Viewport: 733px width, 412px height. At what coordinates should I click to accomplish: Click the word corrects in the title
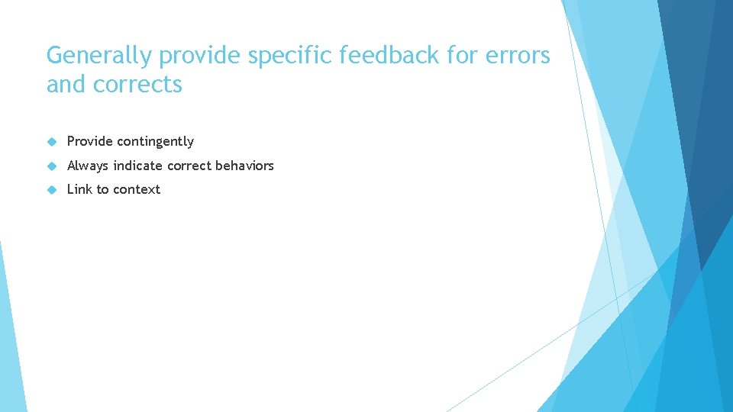[137, 85]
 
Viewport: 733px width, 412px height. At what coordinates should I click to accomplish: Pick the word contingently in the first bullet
[155, 141]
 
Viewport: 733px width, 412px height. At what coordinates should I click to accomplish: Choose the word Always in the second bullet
[88, 166]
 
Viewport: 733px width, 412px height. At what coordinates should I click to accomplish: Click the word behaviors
[244, 166]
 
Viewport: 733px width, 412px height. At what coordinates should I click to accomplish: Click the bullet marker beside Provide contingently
[51, 141]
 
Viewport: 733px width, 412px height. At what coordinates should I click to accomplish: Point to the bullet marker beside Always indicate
[51, 166]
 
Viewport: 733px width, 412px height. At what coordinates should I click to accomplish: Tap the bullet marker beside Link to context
[51, 189]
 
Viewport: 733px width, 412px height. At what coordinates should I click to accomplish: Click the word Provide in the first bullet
[89, 141]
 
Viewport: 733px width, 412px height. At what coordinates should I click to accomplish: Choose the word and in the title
[66, 85]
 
